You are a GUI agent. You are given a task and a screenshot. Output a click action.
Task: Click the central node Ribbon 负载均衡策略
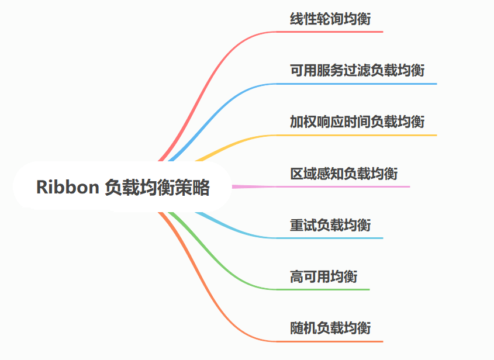pyautogui.click(x=123, y=187)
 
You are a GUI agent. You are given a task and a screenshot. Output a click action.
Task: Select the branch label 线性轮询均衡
pyautogui.click(x=330, y=20)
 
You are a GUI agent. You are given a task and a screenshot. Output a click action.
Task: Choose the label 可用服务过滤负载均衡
pyautogui.click(x=357, y=71)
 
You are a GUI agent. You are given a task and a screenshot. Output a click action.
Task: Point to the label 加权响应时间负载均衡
pyautogui.click(x=357, y=122)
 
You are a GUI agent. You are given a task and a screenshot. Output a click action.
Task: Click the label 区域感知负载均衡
pyautogui.click(x=344, y=174)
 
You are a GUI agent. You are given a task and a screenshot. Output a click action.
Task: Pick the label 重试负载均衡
pyautogui.click(x=330, y=225)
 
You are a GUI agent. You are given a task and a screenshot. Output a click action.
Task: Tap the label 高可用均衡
pyautogui.click(x=323, y=276)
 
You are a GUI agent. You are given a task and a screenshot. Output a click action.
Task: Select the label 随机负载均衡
pyautogui.click(x=330, y=328)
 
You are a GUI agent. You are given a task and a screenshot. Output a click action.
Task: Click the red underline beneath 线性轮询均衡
pyautogui.click(x=333, y=32)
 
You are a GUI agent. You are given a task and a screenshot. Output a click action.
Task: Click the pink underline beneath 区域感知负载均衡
pyautogui.click(x=345, y=186)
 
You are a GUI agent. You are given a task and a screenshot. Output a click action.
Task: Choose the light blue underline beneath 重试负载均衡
pyautogui.click(x=333, y=238)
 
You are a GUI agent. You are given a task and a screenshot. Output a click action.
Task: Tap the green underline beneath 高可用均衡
pyautogui.click(x=327, y=289)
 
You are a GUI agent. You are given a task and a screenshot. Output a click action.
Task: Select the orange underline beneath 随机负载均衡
pyautogui.click(x=333, y=341)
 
